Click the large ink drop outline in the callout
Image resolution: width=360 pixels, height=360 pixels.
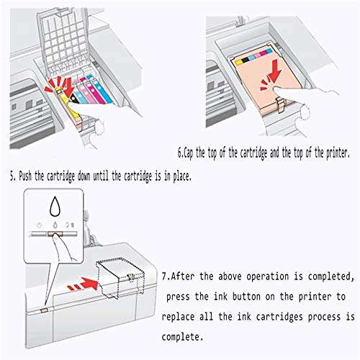[x=55, y=206]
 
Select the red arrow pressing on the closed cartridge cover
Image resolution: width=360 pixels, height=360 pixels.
[x=274, y=71]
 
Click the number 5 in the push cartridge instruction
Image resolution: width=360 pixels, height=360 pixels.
[x=12, y=176]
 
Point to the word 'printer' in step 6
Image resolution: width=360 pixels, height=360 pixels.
[x=338, y=153]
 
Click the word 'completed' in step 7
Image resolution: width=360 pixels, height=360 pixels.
[x=331, y=276]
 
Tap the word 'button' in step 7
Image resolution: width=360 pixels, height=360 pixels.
[x=246, y=297]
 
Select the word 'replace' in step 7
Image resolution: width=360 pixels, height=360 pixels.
[x=178, y=317]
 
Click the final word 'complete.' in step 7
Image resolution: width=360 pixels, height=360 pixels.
[x=182, y=337]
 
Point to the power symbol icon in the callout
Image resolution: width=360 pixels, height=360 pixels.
[x=40, y=225]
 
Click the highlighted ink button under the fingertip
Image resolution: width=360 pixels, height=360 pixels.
[x=55, y=234]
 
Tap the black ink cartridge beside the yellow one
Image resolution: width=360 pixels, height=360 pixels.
[x=73, y=99]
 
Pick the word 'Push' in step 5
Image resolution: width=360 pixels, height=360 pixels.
[x=25, y=176]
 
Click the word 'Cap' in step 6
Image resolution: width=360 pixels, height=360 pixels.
[x=188, y=153]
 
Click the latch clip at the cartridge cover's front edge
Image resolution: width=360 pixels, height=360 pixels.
[x=281, y=105]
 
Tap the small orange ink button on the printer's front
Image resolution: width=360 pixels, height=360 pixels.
[x=45, y=310]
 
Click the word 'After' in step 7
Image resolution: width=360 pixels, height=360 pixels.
[x=182, y=276]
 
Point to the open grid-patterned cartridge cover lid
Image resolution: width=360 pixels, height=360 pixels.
[x=63, y=41]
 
